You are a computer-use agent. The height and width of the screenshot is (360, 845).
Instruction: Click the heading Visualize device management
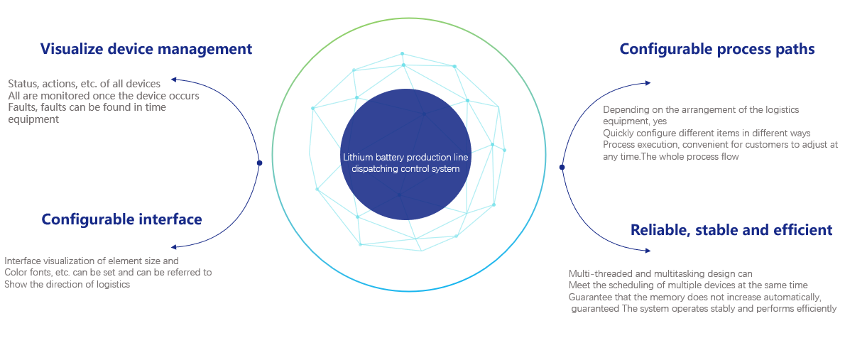pyautogui.click(x=146, y=49)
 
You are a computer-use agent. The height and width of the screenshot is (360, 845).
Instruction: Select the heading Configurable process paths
pyautogui.click(x=716, y=49)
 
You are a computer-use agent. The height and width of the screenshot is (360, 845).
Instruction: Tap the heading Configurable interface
pyautogui.click(x=122, y=219)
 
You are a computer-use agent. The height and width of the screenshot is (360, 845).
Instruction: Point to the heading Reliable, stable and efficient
pyautogui.click(x=731, y=230)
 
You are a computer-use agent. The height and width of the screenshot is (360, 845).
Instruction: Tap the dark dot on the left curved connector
pyautogui.click(x=259, y=163)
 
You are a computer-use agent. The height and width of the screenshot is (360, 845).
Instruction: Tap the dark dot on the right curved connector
pyautogui.click(x=562, y=167)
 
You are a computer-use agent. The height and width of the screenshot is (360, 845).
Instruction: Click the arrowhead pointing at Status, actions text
pyautogui.click(x=173, y=80)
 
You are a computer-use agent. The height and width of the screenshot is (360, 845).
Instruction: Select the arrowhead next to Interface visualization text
pyautogui.click(x=173, y=247)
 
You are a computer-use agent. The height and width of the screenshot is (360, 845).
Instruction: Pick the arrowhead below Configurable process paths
pyautogui.click(x=648, y=83)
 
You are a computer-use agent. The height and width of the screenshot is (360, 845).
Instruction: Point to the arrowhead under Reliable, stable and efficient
pyautogui.click(x=648, y=251)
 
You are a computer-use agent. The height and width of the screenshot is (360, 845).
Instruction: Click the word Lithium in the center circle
pyautogui.click(x=356, y=158)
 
